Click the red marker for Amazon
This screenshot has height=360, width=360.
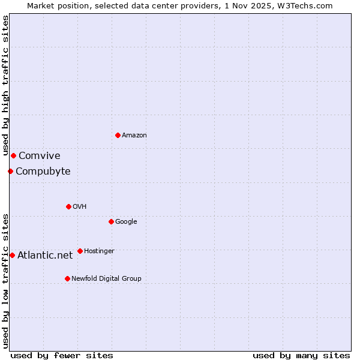coord(118,135)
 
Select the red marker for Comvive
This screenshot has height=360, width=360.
coord(13,155)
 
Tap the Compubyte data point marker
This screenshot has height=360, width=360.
coord(10,171)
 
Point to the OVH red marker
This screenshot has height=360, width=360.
coord(68,206)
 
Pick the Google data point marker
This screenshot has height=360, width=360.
coord(111,221)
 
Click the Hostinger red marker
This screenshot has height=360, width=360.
coord(80,251)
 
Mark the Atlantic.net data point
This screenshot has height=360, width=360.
coord(12,255)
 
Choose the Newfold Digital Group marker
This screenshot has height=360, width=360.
coord(67,278)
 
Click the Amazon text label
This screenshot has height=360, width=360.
coord(134,136)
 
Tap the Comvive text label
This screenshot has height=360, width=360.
coord(40,156)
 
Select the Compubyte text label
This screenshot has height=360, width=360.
coord(43,172)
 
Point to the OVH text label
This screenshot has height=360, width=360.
coord(80,207)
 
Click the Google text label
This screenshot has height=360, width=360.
coord(126,222)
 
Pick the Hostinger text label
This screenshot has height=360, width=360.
coord(99,251)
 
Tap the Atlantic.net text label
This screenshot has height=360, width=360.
coord(45,256)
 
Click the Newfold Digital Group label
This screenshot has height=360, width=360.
coord(106,279)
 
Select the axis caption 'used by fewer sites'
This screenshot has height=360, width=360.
coord(62,356)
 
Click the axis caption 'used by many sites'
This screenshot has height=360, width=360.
coord(301,356)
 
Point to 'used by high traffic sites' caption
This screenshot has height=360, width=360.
coord(5,86)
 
